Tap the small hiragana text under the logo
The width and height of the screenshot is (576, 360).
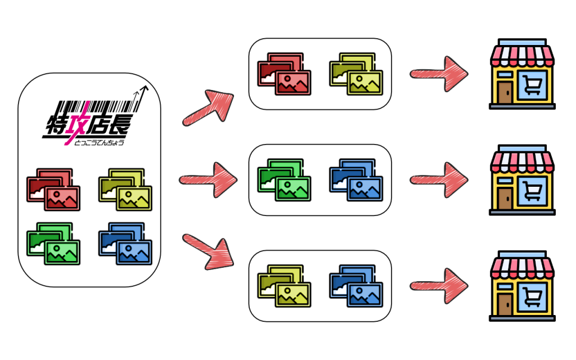[x=99, y=142]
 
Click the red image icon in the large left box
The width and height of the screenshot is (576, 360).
[x=53, y=190]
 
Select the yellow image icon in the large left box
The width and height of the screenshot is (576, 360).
[x=125, y=190]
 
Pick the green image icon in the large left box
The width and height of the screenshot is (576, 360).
[x=53, y=244]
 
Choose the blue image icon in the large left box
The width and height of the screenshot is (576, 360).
[x=125, y=244]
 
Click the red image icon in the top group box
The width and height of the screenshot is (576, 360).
[x=284, y=74]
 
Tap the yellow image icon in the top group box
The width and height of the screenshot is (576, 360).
[x=356, y=74]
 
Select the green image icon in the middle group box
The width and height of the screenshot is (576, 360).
[x=284, y=180]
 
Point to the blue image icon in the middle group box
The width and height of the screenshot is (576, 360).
[x=356, y=180]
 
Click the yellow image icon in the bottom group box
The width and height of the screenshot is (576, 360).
[x=284, y=286]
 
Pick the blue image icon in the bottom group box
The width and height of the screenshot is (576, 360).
[x=356, y=286]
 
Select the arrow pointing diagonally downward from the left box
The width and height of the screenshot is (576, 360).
[x=208, y=253]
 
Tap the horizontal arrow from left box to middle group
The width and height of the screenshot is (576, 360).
[x=208, y=180]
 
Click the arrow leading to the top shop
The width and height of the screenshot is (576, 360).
[x=439, y=74]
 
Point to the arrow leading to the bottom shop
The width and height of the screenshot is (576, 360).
[x=439, y=286]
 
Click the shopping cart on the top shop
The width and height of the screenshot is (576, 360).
[x=532, y=85]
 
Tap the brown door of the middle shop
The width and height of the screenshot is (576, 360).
[x=505, y=199]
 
